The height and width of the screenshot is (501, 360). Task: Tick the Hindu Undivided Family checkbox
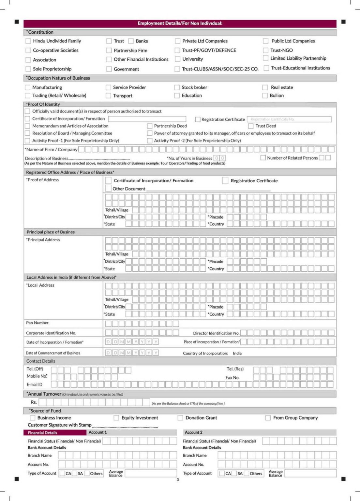click(x=28, y=41)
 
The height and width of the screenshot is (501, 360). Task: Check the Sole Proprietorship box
click(x=28, y=69)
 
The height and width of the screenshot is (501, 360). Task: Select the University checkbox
click(x=177, y=59)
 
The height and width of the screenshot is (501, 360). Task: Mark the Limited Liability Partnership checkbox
click(x=266, y=58)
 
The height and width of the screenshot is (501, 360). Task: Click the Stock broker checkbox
click(x=177, y=87)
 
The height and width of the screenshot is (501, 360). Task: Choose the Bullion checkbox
click(x=265, y=96)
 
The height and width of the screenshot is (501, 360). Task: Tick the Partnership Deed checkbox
click(x=150, y=126)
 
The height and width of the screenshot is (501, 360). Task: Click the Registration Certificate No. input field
click(x=289, y=119)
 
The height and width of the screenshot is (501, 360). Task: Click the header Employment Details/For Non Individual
click(x=180, y=23)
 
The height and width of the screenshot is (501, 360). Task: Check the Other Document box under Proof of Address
click(x=108, y=189)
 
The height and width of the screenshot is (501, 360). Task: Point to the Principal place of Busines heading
click(x=51, y=232)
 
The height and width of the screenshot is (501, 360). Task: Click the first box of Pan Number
click(x=108, y=324)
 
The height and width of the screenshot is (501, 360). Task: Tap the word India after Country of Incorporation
click(x=237, y=353)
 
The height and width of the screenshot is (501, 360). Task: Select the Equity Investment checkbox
click(x=116, y=418)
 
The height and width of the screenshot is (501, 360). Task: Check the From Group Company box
click(x=268, y=418)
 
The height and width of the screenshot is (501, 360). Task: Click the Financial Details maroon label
click(x=43, y=433)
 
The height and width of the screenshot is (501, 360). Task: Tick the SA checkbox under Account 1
click(x=75, y=474)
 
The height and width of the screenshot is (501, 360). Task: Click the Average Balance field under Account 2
click(x=310, y=473)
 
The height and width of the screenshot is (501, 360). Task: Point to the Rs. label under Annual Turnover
click(x=34, y=402)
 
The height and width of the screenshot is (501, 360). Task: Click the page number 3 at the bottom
click(x=178, y=479)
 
